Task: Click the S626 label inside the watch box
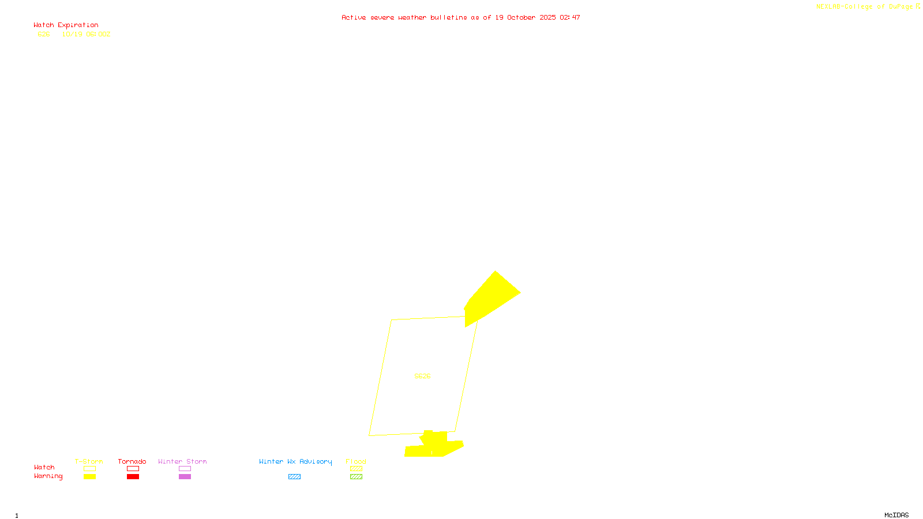(x=422, y=376)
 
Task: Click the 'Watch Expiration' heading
(x=66, y=25)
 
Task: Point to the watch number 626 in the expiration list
(x=44, y=35)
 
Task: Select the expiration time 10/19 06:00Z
(x=86, y=35)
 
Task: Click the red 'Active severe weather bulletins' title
(x=460, y=18)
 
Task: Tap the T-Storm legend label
(x=89, y=461)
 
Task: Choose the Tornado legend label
(x=132, y=461)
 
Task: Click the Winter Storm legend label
(x=182, y=461)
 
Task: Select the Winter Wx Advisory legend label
(x=295, y=461)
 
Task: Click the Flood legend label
(x=356, y=461)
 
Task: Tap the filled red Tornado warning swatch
(x=133, y=477)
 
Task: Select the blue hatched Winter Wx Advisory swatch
(x=294, y=477)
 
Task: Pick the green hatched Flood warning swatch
(x=357, y=477)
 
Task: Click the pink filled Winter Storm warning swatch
(x=185, y=477)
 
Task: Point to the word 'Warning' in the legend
(x=48, y=476)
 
